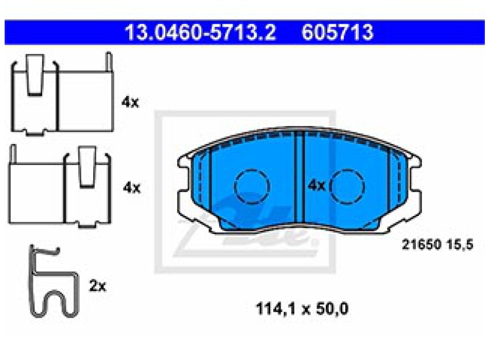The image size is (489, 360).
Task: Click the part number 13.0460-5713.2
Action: click(x=200, y=32)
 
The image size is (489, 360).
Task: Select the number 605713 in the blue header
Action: click(x=338, y=32)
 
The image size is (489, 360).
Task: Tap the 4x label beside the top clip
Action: click(x=130, y=102)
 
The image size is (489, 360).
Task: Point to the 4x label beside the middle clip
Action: click(x=132, y=188)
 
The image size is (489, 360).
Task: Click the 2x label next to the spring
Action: click(x=98, y=286)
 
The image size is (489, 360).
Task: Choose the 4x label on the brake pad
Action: click(x=316, y=186)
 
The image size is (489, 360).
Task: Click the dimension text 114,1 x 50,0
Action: click(x=302, y=309)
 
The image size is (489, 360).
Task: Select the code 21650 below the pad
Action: click(x=422, y=244)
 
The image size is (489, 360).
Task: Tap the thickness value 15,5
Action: click(x=460, y=245)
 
